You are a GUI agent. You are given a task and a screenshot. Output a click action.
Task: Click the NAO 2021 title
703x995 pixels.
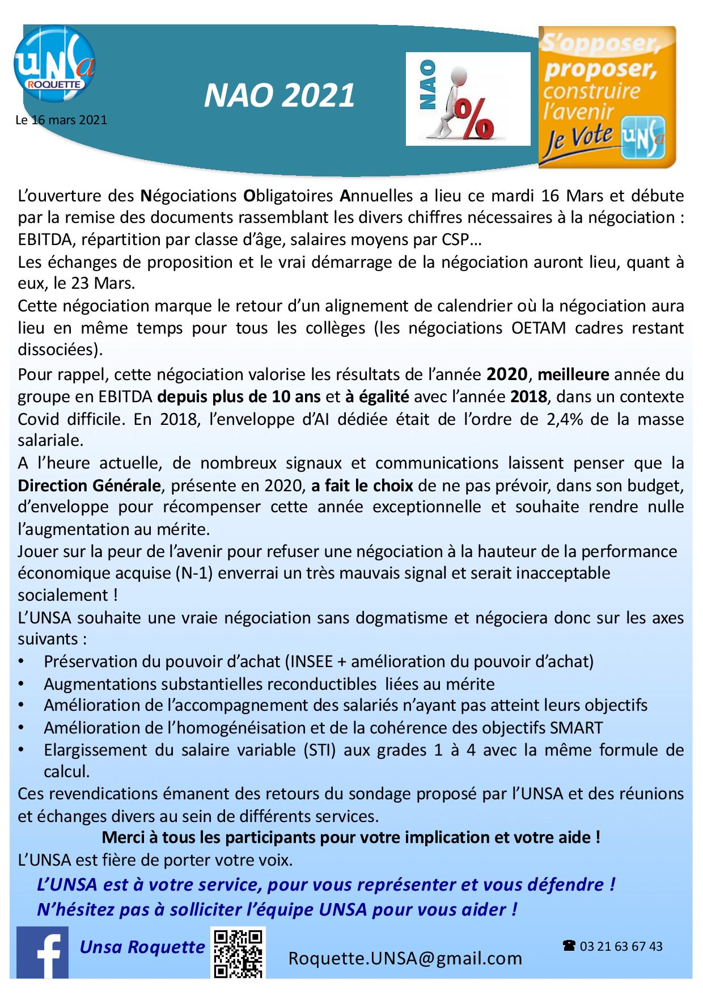(279, 95)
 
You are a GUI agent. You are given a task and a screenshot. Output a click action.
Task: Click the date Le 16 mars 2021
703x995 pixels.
(61, 120)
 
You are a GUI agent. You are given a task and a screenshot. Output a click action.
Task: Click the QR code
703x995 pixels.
(238, 953)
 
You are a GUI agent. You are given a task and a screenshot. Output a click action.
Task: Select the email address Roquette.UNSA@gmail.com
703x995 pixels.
(405, 958)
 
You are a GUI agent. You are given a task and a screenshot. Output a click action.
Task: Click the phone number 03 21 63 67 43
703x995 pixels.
(621, 946)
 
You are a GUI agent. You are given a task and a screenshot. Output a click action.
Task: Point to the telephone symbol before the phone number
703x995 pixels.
(569, 946)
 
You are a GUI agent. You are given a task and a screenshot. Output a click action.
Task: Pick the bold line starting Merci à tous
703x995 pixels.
(351, 837)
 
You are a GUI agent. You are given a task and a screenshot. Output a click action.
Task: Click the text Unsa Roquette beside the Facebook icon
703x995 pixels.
(142, 947)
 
